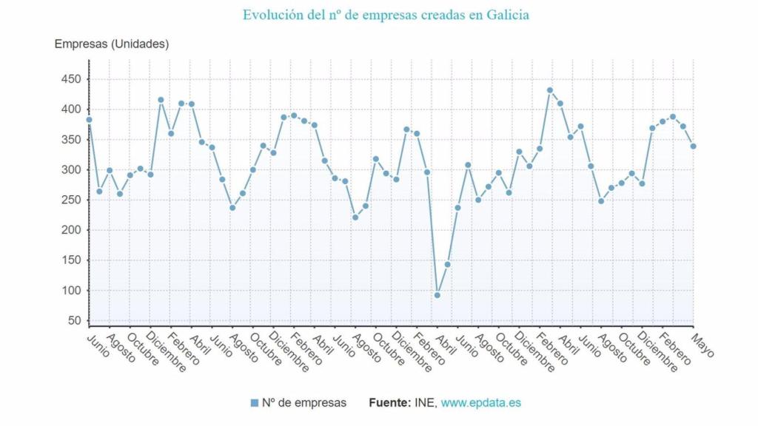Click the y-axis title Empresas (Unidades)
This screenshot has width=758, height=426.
(112, 44)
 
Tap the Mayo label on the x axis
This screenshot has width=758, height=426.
(702, 345)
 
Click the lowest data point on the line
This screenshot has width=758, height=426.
(437, 295)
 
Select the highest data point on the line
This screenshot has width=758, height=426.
(550, 90)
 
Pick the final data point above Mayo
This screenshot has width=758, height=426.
(693, 146)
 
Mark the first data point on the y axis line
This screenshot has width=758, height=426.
(89, 119)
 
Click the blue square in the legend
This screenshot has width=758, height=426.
(255, 403)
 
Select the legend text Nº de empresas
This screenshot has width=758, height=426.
(304, 403)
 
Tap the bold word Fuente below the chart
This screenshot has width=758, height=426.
(389, 403)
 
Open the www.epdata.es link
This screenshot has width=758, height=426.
(480, 403)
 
